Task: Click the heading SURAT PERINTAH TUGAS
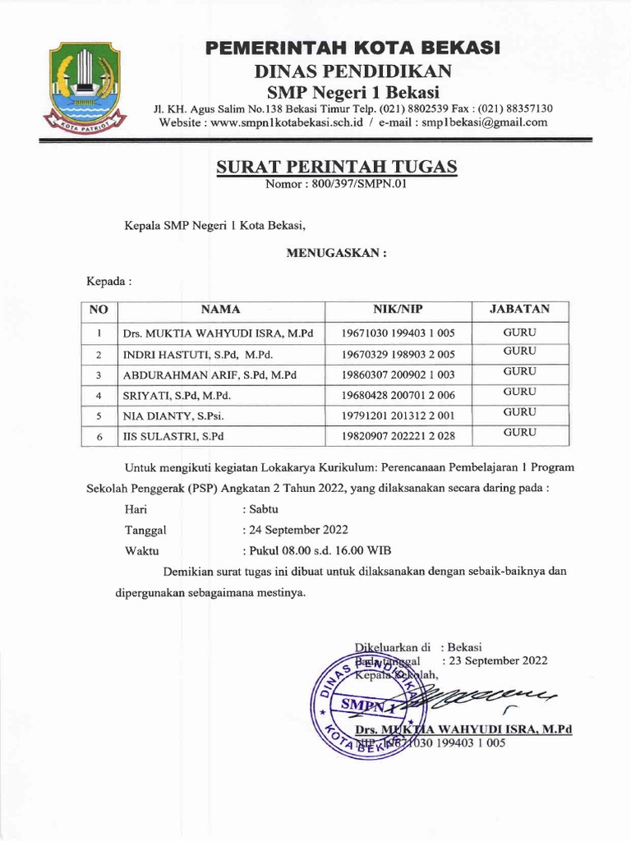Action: tap(336, 168)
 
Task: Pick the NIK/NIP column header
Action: tap(398, 310)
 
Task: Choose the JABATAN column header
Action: tap(520, 310)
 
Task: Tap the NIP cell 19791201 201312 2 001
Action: tap(398, 416)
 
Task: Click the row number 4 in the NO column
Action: tap(99, 396)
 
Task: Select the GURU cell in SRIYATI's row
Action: tap(520, 393)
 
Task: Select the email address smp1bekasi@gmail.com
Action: tap(485, 122)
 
